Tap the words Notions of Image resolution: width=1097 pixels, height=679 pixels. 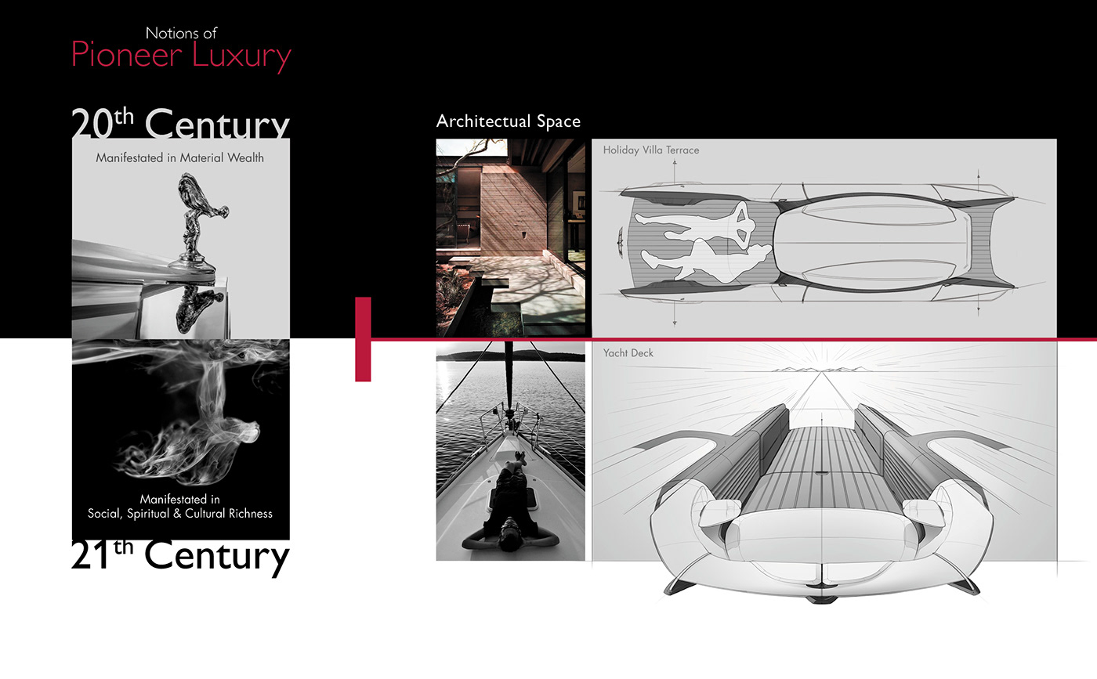(181, 33)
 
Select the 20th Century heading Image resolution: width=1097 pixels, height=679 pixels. (180, 124)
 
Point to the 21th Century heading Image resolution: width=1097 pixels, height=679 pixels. (180, 556)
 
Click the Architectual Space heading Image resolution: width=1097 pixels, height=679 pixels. (509, 121)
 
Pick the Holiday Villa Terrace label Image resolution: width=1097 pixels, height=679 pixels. (650, 150)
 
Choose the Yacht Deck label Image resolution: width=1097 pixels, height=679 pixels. (628, 353)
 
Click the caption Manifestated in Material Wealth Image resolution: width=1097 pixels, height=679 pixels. (180, 157)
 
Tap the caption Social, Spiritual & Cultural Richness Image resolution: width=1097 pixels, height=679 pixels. (180, 514)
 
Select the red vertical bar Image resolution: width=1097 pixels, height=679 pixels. (363, 339)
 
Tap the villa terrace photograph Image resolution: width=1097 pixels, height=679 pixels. (510, 237)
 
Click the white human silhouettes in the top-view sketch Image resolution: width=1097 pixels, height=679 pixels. (693, 243)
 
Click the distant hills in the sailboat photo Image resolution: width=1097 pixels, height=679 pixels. (509, 356)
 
